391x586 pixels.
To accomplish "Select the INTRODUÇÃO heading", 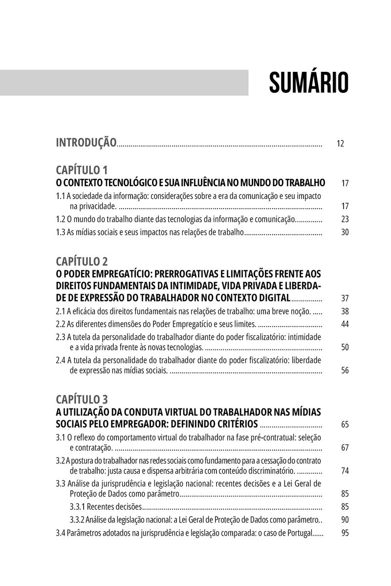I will click(87, 143).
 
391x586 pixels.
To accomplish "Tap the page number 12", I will click(341, 144).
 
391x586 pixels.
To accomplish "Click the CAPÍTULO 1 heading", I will click(82, 170).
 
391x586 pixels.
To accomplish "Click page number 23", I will click(345, 219).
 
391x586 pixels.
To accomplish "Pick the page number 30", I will click(345, 233).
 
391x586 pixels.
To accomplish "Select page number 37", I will click(345, 299).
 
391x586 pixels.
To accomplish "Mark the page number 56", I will click(345, 370).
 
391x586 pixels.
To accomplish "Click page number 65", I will click(345, 424).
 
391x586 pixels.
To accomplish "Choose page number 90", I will click(345, 520).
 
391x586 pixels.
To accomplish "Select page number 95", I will click(345, 533).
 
